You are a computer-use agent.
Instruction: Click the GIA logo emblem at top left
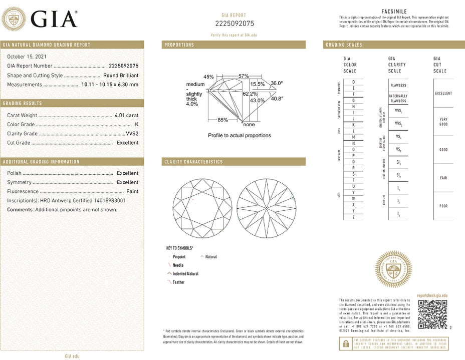[15, 20]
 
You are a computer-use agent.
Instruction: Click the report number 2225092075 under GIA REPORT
[235, 24]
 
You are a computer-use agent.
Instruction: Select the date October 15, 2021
[27, 57]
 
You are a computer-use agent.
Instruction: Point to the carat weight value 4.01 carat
[126, 115]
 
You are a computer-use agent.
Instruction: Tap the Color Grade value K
[137, 124]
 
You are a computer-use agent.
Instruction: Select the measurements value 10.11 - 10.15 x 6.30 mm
[110, 85]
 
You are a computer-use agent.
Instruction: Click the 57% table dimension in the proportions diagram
[244, 76]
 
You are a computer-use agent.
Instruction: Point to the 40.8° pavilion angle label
[277, 99]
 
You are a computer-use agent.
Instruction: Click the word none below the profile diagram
[249, 125]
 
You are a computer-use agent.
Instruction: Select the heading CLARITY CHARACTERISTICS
[193, 162]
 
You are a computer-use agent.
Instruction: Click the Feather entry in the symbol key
[178, 282]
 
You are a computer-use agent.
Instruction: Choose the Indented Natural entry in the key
[185, 274]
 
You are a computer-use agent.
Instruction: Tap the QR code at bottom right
[432, 315]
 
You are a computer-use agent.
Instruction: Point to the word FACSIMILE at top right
[394, 12]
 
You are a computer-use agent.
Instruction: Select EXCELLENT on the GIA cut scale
[443, 93]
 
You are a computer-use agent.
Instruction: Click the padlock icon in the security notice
[345, 343]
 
